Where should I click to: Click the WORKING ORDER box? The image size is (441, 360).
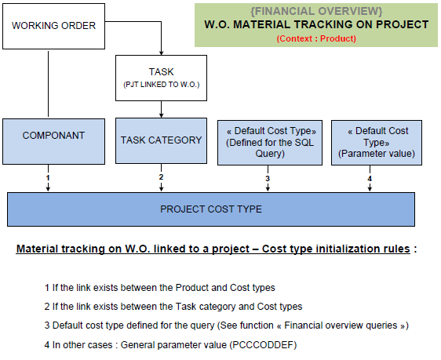53,26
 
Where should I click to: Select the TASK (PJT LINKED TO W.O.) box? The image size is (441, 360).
161,78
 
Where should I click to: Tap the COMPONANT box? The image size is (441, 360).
53,141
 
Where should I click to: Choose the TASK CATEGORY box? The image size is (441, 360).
161,140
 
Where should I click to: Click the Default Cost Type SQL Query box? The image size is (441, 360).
270,143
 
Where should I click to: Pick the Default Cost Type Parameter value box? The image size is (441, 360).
377,143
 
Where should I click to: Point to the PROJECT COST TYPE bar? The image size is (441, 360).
211,209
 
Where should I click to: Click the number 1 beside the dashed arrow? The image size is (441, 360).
48,178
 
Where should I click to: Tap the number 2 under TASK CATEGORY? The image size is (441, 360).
161,177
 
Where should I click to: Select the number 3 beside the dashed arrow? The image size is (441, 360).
268,179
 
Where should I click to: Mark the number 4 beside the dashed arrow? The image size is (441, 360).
370,179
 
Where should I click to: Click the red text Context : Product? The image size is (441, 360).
316,38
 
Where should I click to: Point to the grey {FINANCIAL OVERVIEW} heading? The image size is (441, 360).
316,11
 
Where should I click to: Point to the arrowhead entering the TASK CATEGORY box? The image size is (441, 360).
161,115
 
